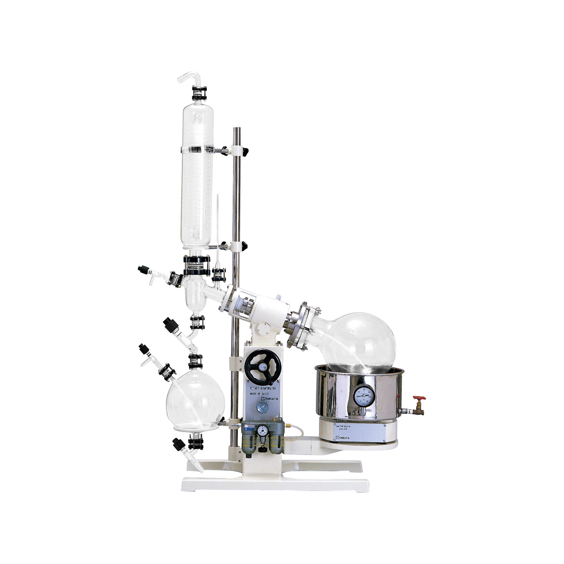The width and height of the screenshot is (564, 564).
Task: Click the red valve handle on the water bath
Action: (x=420, y=398)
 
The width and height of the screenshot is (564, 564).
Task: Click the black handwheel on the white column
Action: (x=263, y=367)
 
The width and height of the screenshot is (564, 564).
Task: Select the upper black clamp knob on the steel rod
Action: (x=244, y=151)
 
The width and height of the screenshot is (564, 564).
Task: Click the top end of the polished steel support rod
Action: (x=237, y=129)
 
